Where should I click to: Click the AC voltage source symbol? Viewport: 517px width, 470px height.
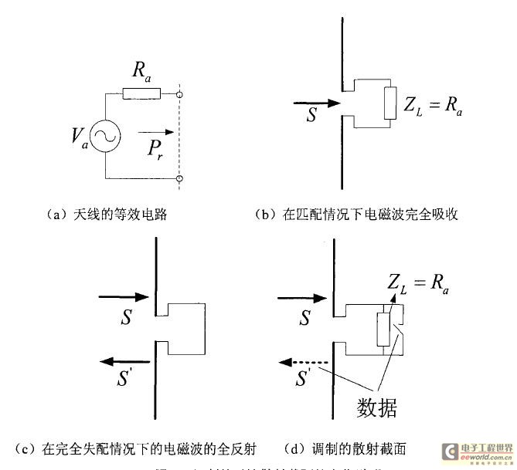(102, 136)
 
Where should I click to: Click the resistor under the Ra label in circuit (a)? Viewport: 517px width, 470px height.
(141, 93)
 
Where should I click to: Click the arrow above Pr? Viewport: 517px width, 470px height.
(151, 130)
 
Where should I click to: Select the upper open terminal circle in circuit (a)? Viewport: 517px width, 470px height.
(179, 94)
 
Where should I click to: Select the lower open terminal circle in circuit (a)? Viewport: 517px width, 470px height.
(179, 178)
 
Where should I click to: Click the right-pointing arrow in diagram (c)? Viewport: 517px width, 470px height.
(122, 296)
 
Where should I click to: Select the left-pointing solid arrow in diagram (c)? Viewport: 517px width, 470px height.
(122, 360)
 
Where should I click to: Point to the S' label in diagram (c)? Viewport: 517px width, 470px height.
(128, 380)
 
